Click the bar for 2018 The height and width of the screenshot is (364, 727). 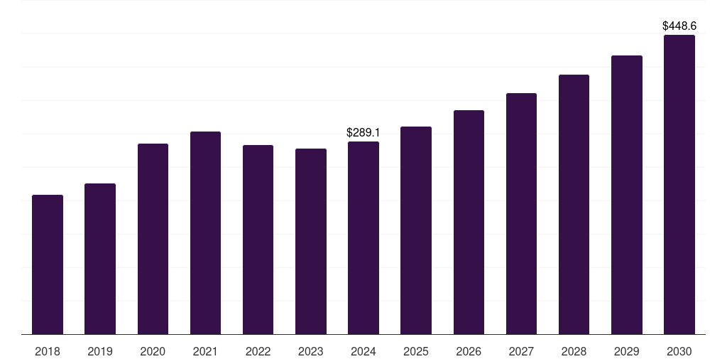click(x=48, y=264)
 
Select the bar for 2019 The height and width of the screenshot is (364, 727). click(x=100, y=259)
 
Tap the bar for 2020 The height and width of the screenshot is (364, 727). click(x=153, y=239)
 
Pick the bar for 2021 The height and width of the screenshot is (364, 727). click(x=205, y=233)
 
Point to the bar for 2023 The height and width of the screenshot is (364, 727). click(x=311, y=242)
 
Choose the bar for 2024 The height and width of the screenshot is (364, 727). click(x=363, y=238)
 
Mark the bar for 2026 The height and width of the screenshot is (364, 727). click(x=469, y=223)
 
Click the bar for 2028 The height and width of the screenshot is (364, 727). click(x=574, y=205)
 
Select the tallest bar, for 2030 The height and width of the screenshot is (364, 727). click(x=679, y=185)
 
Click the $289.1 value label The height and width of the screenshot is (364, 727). click(x=363, y=133)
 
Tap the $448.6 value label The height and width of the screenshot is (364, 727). click(x=679, y=26)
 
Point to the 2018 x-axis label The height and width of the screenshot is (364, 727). click(x=48, y=352)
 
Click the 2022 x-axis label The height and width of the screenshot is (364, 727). click(x=258, y=352)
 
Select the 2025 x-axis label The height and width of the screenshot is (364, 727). click(x=416, y=352)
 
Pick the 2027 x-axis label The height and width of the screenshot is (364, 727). click(x=521, y=352)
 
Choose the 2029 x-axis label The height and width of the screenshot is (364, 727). click(x=627, y=352)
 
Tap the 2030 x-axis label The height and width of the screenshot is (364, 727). click(x=679, y=352)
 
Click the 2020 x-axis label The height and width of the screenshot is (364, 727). click(x=153, y=352)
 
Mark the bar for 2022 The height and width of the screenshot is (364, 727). click(x=258, y=240)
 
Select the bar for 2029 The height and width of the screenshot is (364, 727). click(x=627, y=195)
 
